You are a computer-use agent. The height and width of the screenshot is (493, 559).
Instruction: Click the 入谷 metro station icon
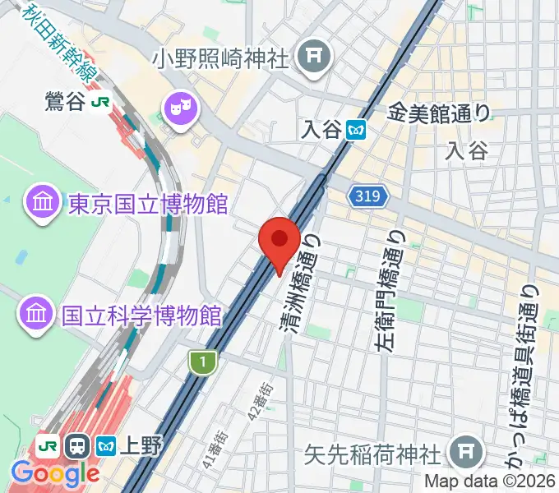(356, 130)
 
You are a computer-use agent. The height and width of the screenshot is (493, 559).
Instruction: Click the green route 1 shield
(201, 361)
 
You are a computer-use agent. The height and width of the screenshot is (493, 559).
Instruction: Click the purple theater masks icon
(180, 106)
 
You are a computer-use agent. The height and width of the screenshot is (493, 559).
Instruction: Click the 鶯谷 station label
(66, 102)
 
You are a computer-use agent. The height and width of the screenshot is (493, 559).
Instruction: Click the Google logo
(55, 473)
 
